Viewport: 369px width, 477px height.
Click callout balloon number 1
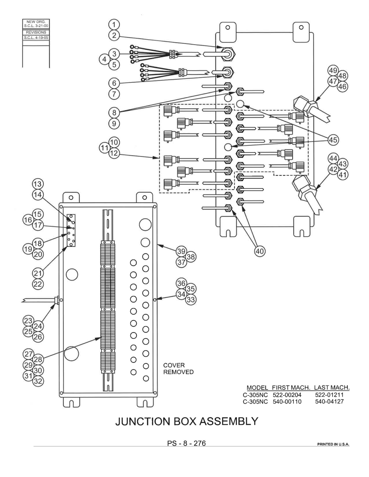coord(114,24)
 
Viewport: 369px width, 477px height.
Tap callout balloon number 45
coord(333,140)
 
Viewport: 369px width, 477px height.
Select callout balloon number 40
coord(260,251)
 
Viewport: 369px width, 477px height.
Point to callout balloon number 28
coord(38,360)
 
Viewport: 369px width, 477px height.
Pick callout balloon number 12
coord(114,153)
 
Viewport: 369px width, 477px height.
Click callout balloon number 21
coord(38,273)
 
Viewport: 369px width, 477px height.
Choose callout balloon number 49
coord(333,71)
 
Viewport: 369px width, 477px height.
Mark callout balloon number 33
coord(191,299)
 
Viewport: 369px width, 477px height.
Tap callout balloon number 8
coord(114,113)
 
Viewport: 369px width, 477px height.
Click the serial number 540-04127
coord(329,402)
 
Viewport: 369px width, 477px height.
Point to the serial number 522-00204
coord(287,395)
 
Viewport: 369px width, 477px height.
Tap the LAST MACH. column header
coord(332,388)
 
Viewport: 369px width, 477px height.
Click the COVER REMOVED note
coord(178,368)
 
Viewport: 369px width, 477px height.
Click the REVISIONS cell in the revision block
coord(36,32)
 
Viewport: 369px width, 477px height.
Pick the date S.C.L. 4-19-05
coord(36,37)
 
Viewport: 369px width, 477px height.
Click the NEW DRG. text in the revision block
coord(36,22)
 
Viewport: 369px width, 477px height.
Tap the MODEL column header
coord(257,388)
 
